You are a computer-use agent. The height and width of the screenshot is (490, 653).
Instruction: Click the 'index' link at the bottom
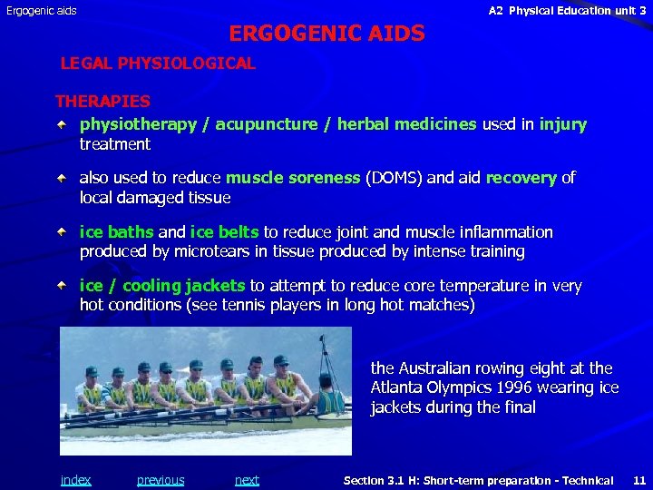coord(75,480)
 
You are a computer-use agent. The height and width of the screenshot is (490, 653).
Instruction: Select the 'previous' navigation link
coord(161,480)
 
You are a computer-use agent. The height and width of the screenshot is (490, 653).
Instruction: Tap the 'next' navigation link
coord(247,480)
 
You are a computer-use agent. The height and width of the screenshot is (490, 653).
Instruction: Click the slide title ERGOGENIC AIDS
coord(326,34)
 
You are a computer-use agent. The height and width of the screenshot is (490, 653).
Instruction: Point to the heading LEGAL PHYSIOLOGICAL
coord(158,64)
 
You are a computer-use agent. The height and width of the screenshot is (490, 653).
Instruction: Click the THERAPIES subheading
coord(102,102)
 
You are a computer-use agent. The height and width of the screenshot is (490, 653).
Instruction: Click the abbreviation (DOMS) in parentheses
coord(393,178)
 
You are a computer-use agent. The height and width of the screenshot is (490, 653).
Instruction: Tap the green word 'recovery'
coord(521,178)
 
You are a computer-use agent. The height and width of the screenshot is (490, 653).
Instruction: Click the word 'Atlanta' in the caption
coord(398,388)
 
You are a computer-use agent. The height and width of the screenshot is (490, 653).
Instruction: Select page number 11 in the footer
coord(639,480)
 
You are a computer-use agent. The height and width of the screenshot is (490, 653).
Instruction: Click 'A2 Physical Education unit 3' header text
coord(567,11)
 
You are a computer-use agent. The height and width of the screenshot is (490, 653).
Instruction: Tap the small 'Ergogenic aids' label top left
coord(42,11)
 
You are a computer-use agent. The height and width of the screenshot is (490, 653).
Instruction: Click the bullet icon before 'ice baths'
coord(61,231)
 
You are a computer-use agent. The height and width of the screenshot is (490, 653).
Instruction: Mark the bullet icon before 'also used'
coord(61,177)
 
